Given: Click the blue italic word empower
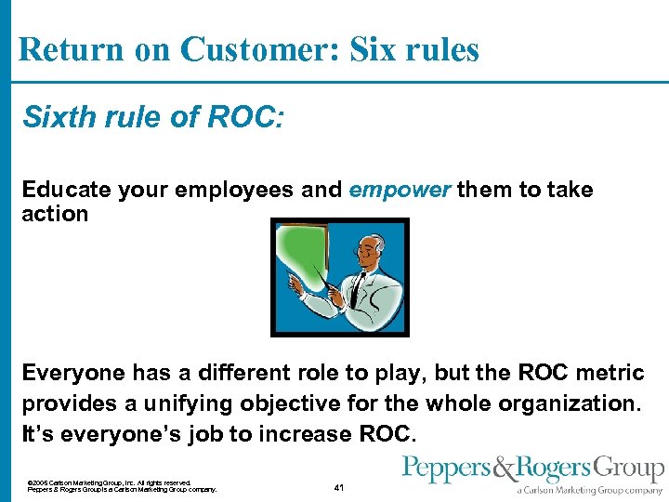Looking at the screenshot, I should (x=400, y=191).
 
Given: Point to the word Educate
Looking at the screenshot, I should (x=64, y=191).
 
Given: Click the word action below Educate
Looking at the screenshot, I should (x=55, y=214).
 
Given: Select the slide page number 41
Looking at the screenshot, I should (x=338, y=487).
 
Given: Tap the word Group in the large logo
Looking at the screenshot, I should (x=632, y=469).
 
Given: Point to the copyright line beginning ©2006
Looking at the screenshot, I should (x=110, y=482).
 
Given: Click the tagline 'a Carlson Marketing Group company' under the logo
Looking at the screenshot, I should (x=590, y=490).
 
